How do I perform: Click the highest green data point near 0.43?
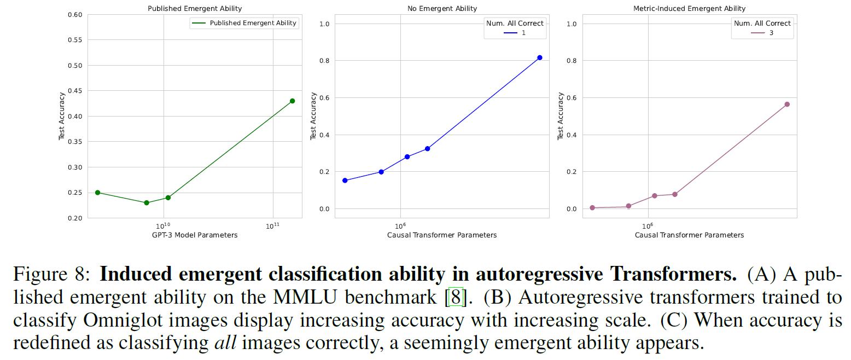click(292, 101)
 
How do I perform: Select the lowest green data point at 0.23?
click(147, 202)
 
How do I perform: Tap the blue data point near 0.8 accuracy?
click(539, 57)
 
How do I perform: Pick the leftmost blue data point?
click(345, 180)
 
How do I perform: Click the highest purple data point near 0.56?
click(787, 104)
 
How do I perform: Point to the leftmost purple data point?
click(592, 207)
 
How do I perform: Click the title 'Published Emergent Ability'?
click(195, 8)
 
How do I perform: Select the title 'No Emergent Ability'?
click(442, 8)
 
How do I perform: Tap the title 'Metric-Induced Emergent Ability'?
click(690, 8)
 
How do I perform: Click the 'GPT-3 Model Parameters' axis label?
click(195, 235)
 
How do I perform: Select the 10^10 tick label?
click(163, 225)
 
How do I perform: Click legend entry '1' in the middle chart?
click(523, 33)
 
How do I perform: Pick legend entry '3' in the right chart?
click(771, 33)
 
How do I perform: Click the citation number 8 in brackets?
click(455, 298)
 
